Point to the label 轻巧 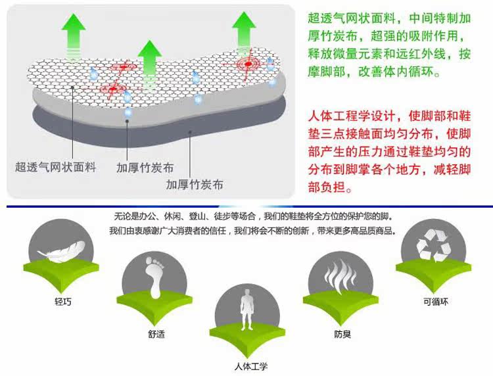tap(63, 302)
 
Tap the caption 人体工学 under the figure tap(250, 366)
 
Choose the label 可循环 tap(435, 303)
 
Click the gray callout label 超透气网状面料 tap(56, 167)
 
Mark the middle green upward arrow tap(150, 59)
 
